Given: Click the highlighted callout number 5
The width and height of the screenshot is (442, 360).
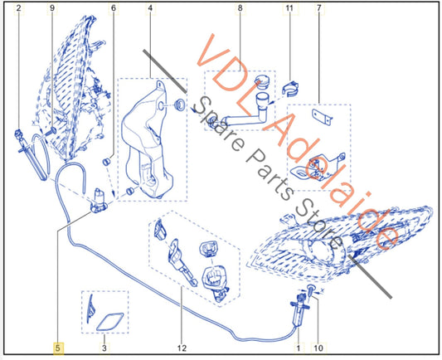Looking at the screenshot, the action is [x=58, y=348].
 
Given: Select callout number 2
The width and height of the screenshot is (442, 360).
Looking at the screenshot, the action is [x=18, y=8].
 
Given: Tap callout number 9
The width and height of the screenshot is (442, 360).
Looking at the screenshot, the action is [x=52, y=8].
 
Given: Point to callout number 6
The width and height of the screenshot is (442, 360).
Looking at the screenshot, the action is [x=114, y=8].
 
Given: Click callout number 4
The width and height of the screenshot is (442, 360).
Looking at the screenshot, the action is [x=150, y=8].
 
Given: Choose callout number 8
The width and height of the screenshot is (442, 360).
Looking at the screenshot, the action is [x=240, y=8].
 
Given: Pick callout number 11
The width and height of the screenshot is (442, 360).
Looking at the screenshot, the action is [x=289, y=8].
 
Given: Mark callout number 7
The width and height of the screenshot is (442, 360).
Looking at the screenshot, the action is [x=318, y=8].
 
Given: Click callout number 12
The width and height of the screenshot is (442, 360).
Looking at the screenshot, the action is [x=182, y=348].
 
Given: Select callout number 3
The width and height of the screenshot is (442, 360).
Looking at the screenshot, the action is [x=104, y=348].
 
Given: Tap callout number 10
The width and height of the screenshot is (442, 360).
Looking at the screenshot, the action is [x=318, y=348].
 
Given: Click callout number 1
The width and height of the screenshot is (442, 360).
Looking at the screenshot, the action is [x=299, y=348].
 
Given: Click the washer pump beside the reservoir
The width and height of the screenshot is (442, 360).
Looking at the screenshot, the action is [x=99, y=201].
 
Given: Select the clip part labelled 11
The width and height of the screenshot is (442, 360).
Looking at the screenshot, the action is [x=290, y=88].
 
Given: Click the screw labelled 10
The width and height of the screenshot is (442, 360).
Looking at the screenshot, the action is [x=310, y=289].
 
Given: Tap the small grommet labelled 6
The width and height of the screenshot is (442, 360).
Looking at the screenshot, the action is [x=105, y=162].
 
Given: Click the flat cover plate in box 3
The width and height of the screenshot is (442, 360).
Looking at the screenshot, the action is [x=110, y=321].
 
